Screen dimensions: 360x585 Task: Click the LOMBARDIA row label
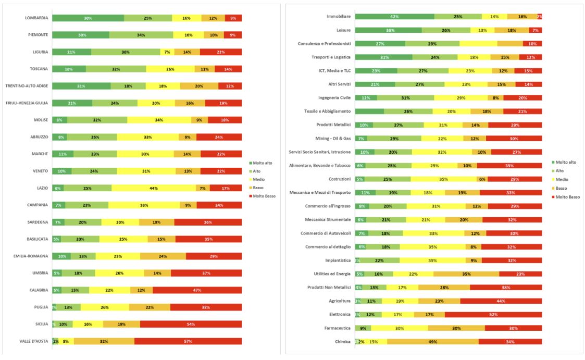point(36,18)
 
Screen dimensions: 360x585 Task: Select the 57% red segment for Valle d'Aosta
point(188,342)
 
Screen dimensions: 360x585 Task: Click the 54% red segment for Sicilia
point(191,324)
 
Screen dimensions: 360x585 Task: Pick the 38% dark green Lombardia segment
point(88,18)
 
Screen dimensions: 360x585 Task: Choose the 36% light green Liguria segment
point(126,52)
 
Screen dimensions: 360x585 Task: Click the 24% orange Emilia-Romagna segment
point(163,256)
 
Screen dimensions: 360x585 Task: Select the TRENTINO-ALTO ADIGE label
point(27,86)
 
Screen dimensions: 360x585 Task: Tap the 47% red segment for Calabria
point(197,290)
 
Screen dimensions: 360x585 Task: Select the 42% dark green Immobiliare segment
point(394,17)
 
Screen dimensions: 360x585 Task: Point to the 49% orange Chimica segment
point(433,342)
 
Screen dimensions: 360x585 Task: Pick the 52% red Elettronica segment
point(493,315)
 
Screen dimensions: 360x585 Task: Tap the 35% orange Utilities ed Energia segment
point(466,274)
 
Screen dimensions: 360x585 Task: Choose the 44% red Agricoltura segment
point(501,301)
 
